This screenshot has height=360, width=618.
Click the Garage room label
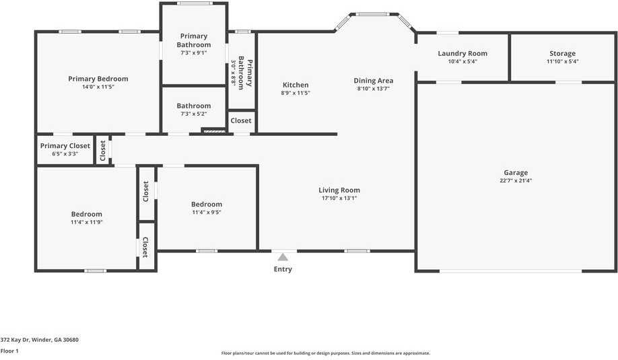516,172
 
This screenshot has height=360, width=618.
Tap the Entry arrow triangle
283,257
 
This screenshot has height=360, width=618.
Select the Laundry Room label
462,53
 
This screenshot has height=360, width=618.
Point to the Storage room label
562,53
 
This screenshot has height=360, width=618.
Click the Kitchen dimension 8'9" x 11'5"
296,94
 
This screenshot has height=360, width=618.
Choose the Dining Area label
373,81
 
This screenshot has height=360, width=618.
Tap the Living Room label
339,190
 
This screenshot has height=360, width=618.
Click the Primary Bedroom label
98,79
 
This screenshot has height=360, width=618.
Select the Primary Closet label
65,145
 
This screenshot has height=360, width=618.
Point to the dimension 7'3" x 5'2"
194,114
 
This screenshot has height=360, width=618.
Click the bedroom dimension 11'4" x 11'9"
87,222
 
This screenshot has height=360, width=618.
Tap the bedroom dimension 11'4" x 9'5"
206,213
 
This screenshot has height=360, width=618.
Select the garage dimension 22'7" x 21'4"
516,181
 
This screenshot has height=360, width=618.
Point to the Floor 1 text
9,351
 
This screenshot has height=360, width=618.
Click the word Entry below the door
283,269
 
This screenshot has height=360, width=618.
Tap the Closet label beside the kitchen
241,121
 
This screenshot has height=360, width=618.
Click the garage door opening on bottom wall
510,271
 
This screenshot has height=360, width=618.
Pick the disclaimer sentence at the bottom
326,353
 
